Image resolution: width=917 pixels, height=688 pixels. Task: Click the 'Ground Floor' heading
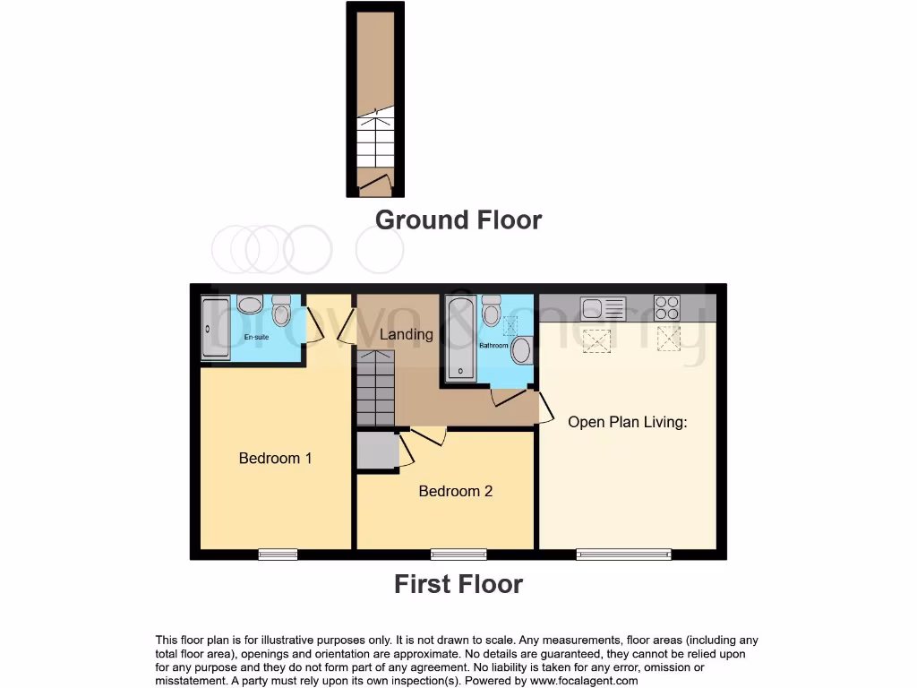[x=458, y=219]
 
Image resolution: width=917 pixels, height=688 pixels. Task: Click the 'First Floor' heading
[x=458, y=584]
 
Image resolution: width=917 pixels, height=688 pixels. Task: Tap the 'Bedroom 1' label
[x=275, y=458]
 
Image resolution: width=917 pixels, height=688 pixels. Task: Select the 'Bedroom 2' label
[x=455, y=491]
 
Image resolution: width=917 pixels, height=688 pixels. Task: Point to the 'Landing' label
[x=406, y=334]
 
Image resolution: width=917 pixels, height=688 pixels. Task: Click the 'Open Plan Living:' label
[x=627, y=421]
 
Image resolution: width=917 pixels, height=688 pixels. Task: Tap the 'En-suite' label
[x=257, y=338]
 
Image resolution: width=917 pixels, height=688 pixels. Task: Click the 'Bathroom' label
[x=493, y=345]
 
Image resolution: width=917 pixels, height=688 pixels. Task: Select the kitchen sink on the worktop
[x=603, y=308]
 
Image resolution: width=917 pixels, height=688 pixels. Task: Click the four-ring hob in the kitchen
[x=667, y=307]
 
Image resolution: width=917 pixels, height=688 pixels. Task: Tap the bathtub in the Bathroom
[x=460, y=338]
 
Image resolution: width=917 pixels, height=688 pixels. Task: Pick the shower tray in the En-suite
[x=216, y=328]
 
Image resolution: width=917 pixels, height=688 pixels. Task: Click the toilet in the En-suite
[x=281, y=311]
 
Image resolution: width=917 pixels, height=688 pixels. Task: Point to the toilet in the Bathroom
[x=491, y=312]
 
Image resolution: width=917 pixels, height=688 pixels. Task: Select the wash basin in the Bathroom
[x=521, y=349]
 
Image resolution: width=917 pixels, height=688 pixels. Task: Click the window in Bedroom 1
[x=278, y=555]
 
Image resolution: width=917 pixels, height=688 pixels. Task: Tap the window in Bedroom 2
[x=458, y=555]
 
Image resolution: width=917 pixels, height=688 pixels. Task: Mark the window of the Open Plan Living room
[x=624, y=555]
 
